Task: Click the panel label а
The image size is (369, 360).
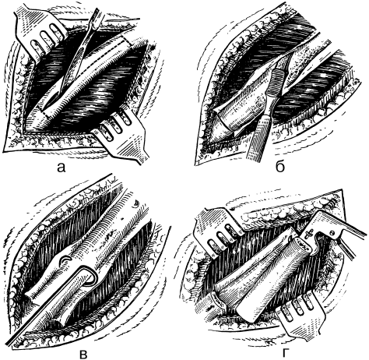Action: (61, 168)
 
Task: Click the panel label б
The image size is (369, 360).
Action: (280, 167)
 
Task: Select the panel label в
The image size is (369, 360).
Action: (83, 354)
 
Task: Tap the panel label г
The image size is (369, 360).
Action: (285, 353)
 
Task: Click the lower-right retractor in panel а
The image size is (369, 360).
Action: (122, 135)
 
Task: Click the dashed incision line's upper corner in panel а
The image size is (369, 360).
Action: (121, 37)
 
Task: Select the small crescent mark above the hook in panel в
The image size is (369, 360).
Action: (65, 259)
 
